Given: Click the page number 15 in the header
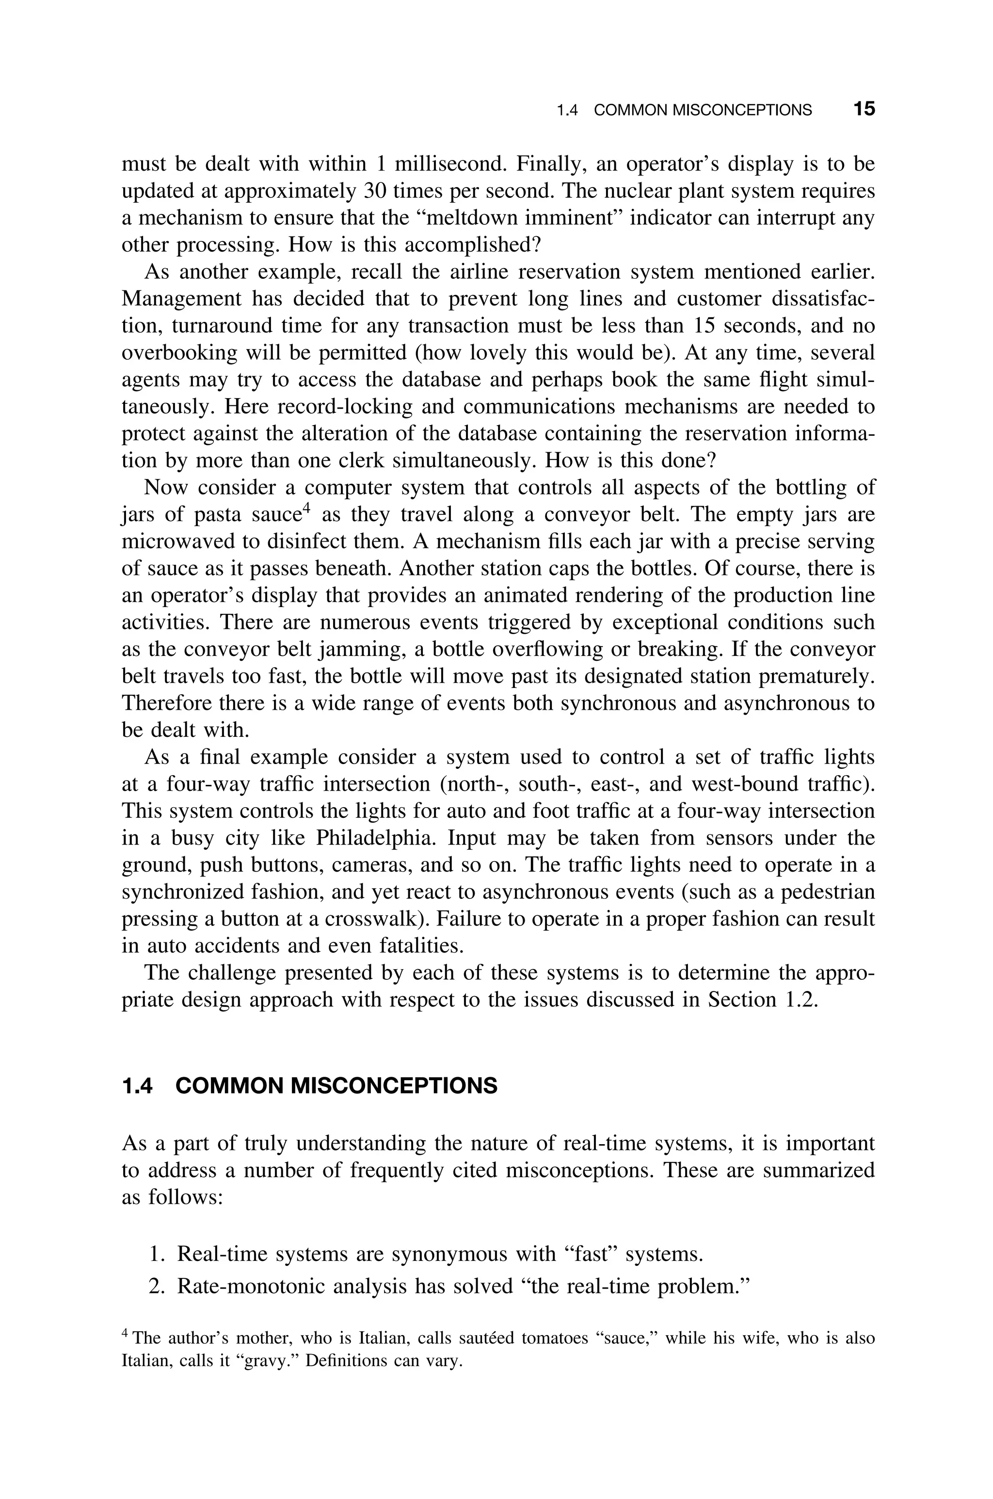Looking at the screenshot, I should (x=864, y=109).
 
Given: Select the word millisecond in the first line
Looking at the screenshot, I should (x=451, y=164).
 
